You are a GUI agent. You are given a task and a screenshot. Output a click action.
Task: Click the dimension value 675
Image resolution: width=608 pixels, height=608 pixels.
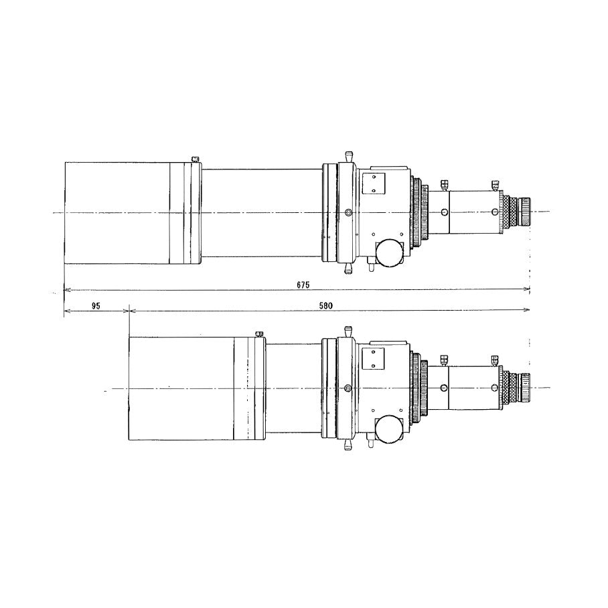303,285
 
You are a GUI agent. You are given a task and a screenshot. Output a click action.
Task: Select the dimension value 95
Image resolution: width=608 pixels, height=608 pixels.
96,305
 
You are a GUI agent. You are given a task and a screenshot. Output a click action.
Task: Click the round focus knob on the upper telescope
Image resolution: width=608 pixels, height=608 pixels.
388,253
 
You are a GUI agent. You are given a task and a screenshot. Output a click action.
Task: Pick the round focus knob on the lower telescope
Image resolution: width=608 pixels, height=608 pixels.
388,429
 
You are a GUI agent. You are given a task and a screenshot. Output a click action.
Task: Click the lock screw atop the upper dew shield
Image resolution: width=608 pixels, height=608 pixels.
195,159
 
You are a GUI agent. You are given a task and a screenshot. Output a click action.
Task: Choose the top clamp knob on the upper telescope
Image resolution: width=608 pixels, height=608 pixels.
348,156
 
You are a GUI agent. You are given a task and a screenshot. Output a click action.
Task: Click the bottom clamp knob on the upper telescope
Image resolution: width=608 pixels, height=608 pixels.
348,269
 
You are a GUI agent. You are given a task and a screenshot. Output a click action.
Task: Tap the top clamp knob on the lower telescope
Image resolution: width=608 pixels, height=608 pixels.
348,331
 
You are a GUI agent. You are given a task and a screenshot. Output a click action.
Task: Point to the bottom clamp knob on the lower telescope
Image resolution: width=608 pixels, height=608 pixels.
348,445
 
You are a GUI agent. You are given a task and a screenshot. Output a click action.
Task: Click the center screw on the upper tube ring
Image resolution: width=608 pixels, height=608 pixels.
347,212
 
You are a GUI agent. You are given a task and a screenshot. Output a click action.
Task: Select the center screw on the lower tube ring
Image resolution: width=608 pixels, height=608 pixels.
347,388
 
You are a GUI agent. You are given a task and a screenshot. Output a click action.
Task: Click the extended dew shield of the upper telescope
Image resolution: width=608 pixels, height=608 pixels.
124,212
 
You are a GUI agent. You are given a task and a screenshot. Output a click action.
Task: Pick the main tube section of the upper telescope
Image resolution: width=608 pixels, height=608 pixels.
261,212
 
